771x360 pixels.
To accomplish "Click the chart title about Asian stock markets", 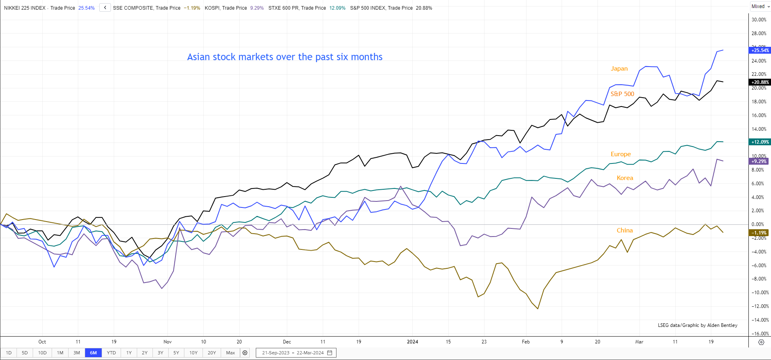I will (x=284, y=57).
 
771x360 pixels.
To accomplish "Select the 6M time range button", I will (x=93, y=353).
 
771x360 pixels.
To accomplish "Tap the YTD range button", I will (x=111, y=353).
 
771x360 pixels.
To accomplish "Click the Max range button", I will (x=230, y=353).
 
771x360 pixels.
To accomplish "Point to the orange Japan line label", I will (x=619, y=69).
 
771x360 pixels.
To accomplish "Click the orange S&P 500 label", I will (x=622, y=94).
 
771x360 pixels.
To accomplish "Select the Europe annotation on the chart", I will (x=621, y=154).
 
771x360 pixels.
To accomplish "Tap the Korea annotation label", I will (x=625, y=178).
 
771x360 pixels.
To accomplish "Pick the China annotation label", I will (x=625, y=230).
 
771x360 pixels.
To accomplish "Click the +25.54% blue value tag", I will (x=760, y=50).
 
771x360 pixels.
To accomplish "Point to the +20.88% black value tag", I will (x=760, y=82).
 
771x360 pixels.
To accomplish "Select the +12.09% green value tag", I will (x=760, y=142).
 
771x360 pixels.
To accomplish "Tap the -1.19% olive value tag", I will (x=759, y=233).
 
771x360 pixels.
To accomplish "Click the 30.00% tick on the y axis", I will (x=759, y=20).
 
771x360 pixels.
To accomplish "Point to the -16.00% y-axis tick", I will (x=759, y=334).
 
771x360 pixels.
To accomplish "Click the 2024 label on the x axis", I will (x=412, y=342).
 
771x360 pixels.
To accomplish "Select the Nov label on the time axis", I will (x=167, y=342).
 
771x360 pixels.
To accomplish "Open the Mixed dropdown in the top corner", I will (x=761, y=6).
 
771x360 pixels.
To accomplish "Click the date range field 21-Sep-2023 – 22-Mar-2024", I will (x=296, y=353).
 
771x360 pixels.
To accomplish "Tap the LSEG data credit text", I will (x=697, y=325).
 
